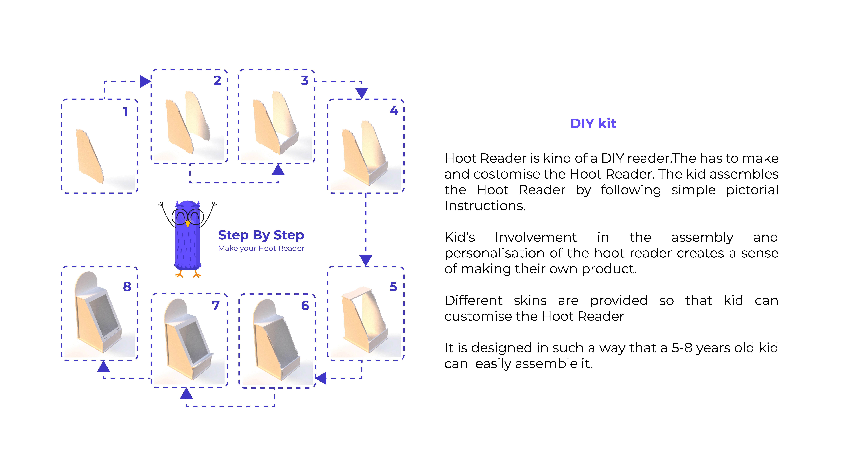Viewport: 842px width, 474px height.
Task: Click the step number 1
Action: click(x=125, y=112)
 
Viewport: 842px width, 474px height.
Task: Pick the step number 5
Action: click(x=393, y=287)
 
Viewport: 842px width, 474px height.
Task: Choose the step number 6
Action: click(x=305, y=306)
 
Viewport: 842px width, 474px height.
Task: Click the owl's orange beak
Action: click(x=188, y=224)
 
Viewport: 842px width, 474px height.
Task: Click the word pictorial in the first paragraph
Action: click(x=752, y=190)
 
